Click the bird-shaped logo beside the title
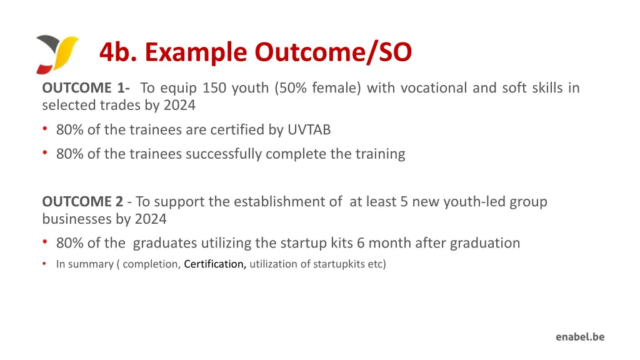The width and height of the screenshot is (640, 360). [57, 54]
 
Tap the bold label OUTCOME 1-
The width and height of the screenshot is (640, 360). [86, 88]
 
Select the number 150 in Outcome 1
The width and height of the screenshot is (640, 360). [214, 88]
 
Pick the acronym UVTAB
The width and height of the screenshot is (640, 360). [309, 130]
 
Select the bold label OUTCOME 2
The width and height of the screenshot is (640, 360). [82, 202]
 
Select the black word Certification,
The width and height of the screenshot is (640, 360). [215, 264]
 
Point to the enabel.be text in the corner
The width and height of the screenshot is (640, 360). [580, 337]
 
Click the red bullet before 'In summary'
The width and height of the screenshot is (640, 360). [44, 264]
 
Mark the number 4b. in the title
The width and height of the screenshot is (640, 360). [119, 52]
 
